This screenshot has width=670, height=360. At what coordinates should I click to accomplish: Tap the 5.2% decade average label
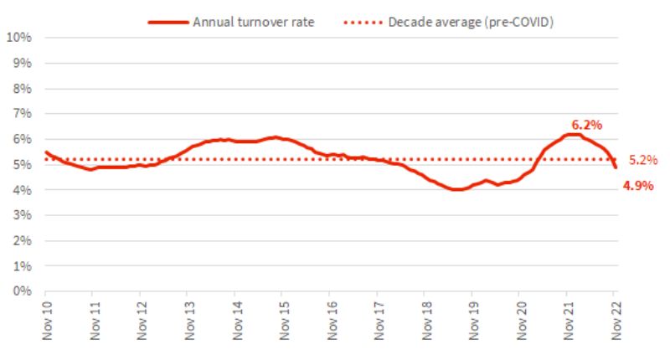point(643,160)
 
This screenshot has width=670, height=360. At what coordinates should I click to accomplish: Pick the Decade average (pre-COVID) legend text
point(471,22)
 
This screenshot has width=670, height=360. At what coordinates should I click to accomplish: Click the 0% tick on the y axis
point(23,291)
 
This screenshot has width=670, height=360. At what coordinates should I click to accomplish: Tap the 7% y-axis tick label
point(23,114)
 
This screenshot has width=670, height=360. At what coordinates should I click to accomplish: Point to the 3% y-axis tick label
point(23,215)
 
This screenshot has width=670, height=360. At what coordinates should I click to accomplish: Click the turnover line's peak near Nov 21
point(572,134)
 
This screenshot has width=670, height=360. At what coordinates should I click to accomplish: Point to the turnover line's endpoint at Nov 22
point(615,167)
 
